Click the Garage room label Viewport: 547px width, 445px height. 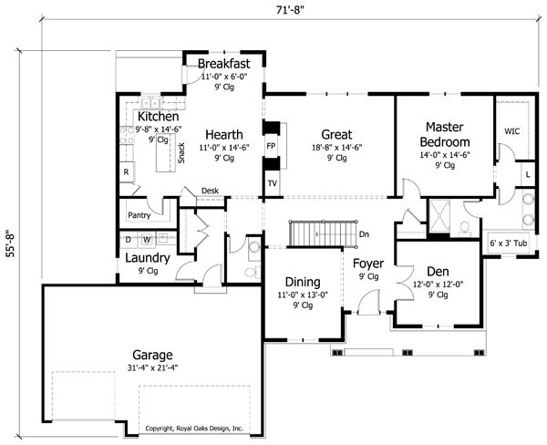click(x=152, y=356)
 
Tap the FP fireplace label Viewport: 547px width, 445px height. click(x=271, y=146)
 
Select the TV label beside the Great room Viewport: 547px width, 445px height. click(x=272, y=183)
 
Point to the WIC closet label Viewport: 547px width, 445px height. click(x=511, y=131)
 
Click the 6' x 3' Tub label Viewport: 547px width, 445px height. click(x=509, y=243)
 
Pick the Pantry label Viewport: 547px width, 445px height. click(x=139, y=215)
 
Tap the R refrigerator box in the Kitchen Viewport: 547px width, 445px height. click(x=127, y=171)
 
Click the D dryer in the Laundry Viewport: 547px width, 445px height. click(x=128, y=240)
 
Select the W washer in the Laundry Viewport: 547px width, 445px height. click(x=147, y=240)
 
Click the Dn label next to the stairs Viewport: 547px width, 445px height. click(x=364, y=234)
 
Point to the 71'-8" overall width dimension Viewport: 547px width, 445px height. click(x=290, y=10)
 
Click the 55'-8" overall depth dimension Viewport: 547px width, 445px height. click(x=10, y=243)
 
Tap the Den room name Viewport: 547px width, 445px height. click(x=438, y=271)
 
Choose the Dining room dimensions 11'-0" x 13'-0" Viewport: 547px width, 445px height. click(x=303, y=295)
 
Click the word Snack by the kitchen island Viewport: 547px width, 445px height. click(x=181, y=153)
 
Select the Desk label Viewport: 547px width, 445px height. click(x=210, y=191)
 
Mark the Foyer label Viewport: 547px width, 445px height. click(x=368, y=264)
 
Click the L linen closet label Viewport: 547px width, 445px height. click(x=528, y=174)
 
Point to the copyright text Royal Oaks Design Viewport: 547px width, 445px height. click(x=194, y=429)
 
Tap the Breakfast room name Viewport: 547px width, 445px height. click(x=223, y=64)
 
